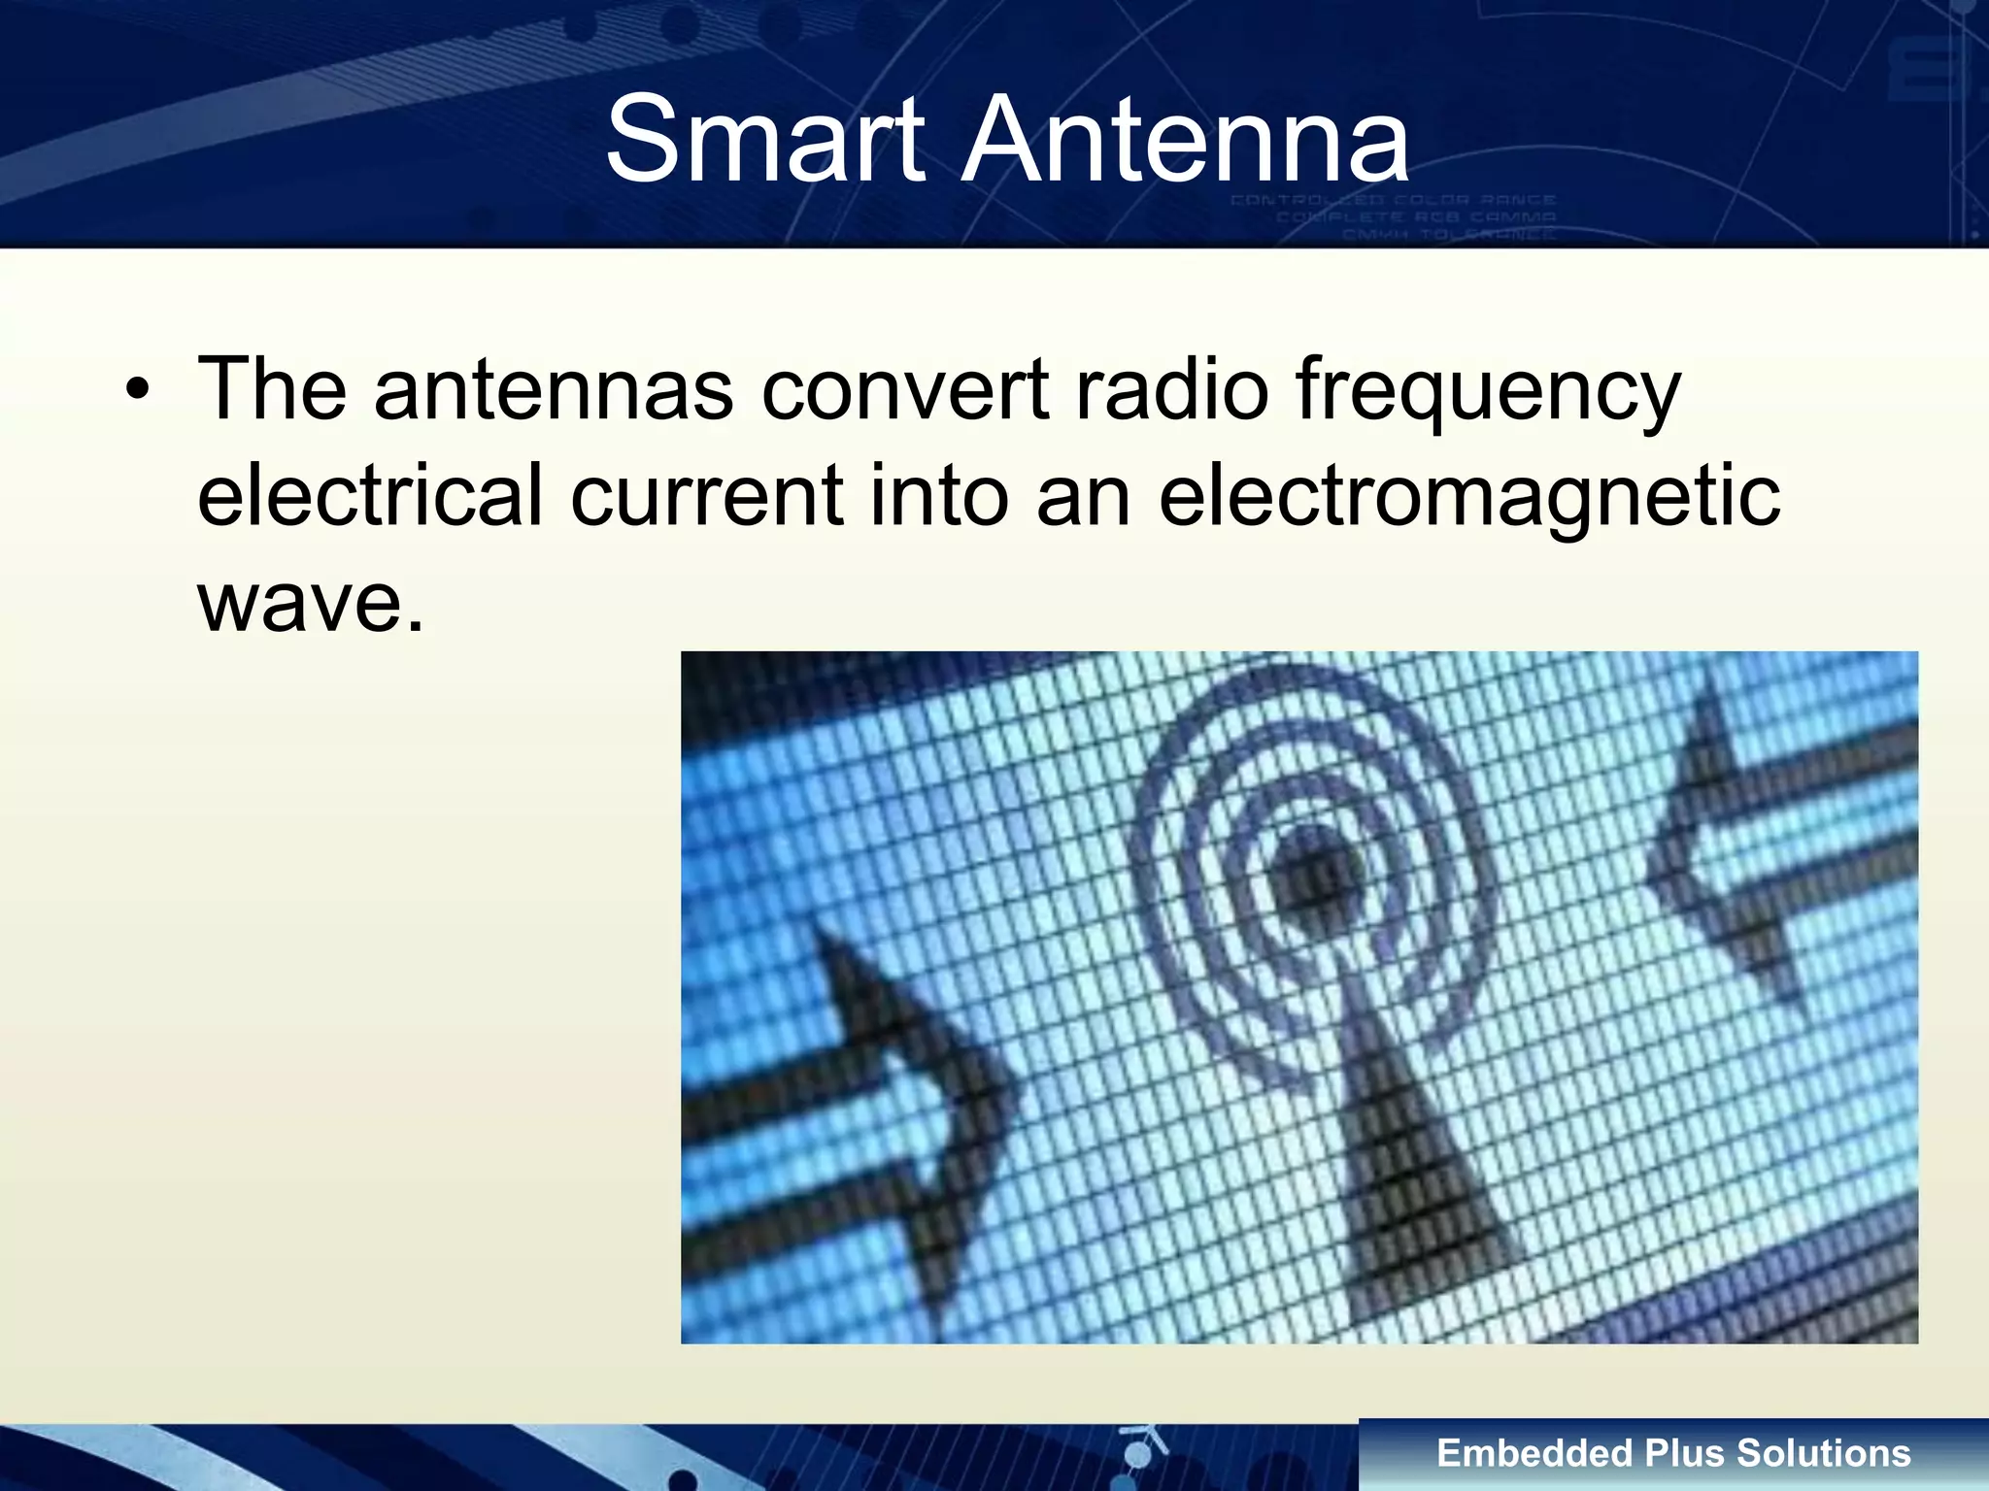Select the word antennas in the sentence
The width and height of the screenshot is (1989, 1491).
pos(553,389)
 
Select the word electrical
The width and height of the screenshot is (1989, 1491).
pos(369,495)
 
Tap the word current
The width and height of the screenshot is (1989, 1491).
pos(706,495)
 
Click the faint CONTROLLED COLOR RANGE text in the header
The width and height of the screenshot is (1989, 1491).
pos(1394,200)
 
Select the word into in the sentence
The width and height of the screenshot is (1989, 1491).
pos(939,495)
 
